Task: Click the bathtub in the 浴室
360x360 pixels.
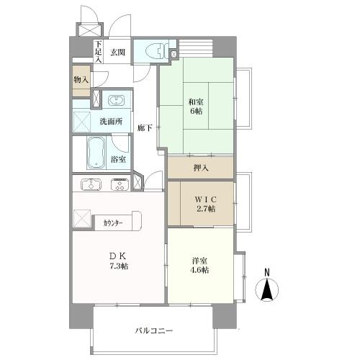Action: tap(95, 153)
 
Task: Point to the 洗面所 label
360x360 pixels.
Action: tap(112, 121)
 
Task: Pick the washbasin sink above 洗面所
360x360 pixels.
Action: tap(115, 100)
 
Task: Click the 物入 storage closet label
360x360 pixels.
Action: tap(81, 80)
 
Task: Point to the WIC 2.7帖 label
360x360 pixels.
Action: tap(201, 203)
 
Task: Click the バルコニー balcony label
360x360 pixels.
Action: tap(154, 330)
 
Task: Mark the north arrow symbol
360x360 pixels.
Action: tap(267, 289)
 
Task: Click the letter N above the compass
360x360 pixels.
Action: tap(267, 271)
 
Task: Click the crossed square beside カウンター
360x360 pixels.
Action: tap(81, 217)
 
